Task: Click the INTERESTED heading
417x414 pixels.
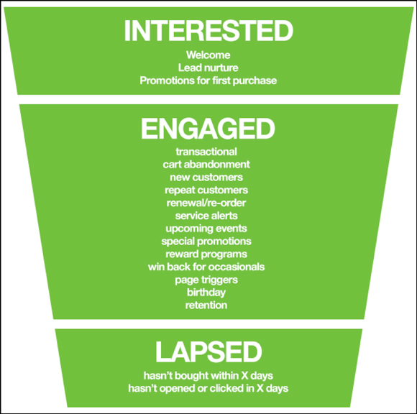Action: point(208,31)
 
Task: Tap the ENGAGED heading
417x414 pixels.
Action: point(208,129)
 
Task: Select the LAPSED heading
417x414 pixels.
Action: point(208,352)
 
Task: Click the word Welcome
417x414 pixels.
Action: point(208,55)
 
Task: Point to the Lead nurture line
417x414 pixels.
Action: point(208,68)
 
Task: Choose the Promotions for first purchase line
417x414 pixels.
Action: point(208,80)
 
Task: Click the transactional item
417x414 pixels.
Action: point(206,152)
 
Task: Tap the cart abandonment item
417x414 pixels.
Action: point(206,165)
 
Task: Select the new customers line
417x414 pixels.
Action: point(206,178)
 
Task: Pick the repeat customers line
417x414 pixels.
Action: point(206,190)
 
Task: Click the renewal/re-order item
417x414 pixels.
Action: point(206,203)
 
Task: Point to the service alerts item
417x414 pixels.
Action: point(206,216)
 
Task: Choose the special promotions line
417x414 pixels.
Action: point(206,241)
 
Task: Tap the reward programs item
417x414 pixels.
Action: point(206,254)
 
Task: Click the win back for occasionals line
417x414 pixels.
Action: point(206,267)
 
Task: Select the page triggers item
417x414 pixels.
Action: point(206,280)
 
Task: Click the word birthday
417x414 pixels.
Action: point(206,293)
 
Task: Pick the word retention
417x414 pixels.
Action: point(206,305)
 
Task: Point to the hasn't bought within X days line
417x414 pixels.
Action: point(208,376)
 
